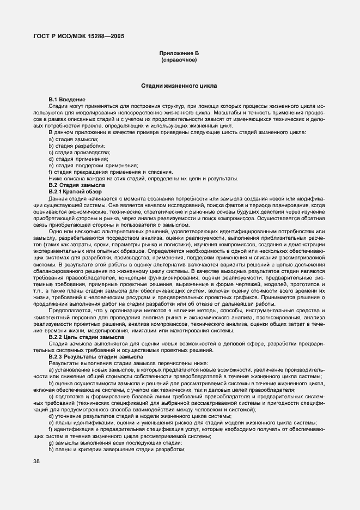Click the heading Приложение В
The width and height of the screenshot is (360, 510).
click(x=179, y=53)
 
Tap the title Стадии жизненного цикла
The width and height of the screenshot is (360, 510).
click(x=179, y=86)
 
